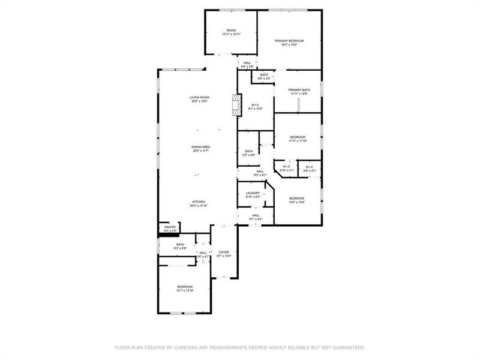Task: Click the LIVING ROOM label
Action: [199, 97]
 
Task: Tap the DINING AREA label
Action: [200, 147]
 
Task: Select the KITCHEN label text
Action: [199, 202]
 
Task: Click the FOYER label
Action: [224, 252]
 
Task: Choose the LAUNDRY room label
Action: [253, 193]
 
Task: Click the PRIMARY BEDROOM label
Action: [289, 41]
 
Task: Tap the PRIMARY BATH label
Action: [298, 90]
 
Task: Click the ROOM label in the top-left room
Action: [231, 30]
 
